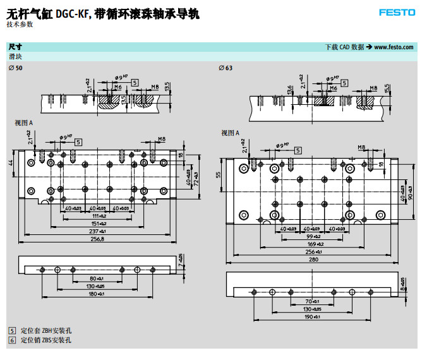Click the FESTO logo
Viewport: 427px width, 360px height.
click(397, 13)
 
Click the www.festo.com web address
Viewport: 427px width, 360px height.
click(394, 47)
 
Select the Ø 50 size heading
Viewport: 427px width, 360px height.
click(15, 68)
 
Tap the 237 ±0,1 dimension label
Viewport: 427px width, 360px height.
click(97, 232)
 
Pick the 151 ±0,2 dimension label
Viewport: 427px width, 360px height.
click(97, 224)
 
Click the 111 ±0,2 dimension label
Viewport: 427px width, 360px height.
click(97, 216)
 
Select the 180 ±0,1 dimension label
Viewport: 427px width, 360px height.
click(96, 294)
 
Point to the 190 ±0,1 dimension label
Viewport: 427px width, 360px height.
click(313, 316)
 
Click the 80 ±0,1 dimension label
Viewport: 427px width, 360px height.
click(96, 279)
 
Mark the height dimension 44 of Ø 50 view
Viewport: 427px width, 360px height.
click(11, 163)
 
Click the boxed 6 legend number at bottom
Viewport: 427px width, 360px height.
click(11, 340)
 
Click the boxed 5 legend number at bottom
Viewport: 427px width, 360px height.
click(11, 331)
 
